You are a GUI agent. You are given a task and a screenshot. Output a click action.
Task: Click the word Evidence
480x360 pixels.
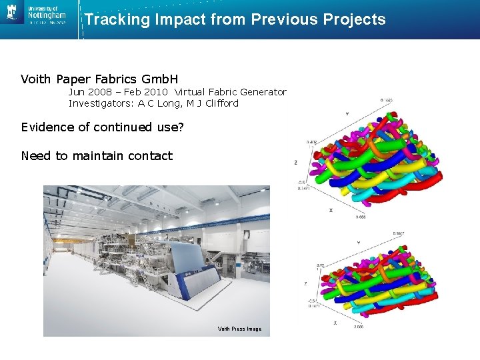pyautogui.click(x=47, y=127)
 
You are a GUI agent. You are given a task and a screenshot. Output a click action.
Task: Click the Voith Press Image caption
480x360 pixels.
pyautogui.click(x=239, y=329)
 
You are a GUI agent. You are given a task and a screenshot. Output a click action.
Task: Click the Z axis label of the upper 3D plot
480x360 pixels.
pyautogui.click(x=295, y=162)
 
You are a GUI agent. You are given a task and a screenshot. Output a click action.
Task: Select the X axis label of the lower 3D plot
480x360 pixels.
pyautogui.click(x=335, y=323)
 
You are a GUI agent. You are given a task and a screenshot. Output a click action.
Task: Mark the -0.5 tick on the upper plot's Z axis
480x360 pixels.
pyautogui.click(x=301, y=182)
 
